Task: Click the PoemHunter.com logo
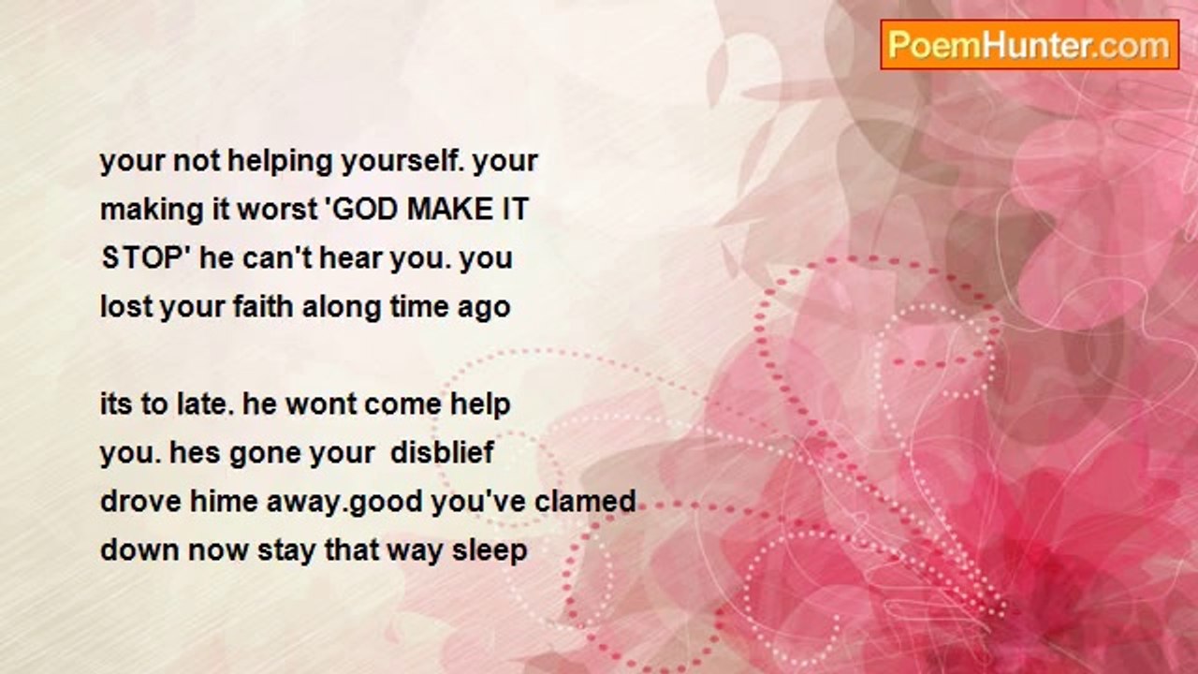(x=1030, y=45)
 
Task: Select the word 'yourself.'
(x=402, y=160)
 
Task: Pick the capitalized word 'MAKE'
(x=447, y=209)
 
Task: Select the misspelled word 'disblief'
(x=443, y=452)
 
